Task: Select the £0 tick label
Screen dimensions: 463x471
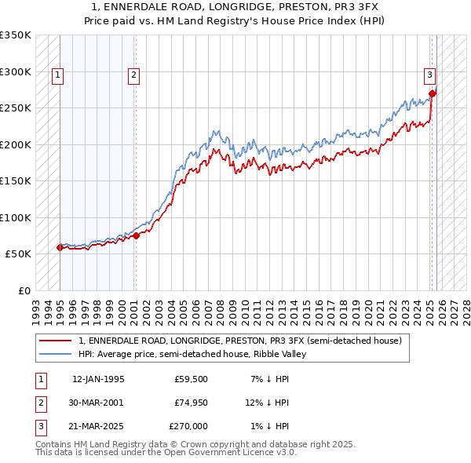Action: pyautogui.click(x=24, y=290)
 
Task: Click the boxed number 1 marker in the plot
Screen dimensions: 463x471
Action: pyautogui.click(x=59, y=75)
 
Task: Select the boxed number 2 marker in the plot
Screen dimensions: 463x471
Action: pyautogui.click(x=134, y=75)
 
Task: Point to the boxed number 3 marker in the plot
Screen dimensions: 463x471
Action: pyautogui.click(x=430, y=75)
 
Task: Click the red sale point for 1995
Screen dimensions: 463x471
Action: pyautogui.click(x=60, y=247)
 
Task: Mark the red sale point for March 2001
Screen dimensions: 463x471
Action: pyautogui.click(x=136, y=235)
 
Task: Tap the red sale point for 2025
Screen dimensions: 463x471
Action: pyautogui.click(x=433, y=93)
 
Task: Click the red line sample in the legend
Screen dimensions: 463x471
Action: pyautogui.click(x=55, y=341)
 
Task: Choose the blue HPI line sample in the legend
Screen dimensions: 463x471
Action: pyautogui.click(x=55, y=354)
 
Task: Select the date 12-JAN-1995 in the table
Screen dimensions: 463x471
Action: pyautogui.click(x=98, y=379)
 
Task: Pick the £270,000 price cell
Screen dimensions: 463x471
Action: pyautogui.click(x=188, y=426)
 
